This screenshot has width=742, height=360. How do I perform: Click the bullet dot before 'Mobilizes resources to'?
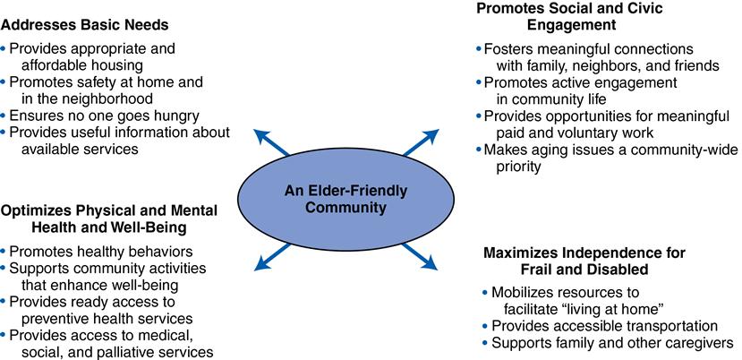(x=484, y=292)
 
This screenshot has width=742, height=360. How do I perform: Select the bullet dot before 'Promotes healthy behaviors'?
(x=5, y=251)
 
